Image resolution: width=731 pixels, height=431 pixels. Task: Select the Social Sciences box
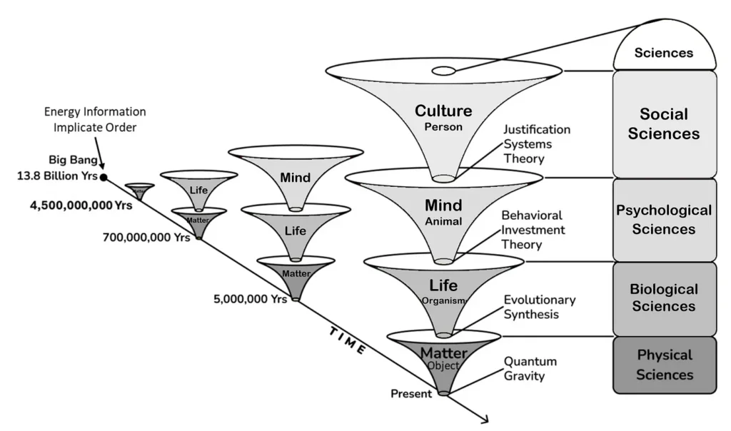pyautogui.click(x=664, y=123)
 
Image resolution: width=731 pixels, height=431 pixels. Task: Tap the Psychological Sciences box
pyautogui.click(x=664, y=220)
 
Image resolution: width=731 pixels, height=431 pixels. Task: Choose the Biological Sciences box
pyautogui.click(x=664, y=298)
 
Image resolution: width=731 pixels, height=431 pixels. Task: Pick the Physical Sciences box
pyautogui.click(x=664, y=365)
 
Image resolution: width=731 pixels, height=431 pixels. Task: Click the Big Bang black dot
pyautogui.click(x=104, y=177)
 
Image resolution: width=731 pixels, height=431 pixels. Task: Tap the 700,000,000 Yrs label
pyautogui.click(x=146, y=237)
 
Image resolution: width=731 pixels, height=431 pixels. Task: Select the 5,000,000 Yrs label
pyautogui.click(x=249, y=299)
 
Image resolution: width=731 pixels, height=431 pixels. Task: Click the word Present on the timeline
pyautogui.click(x=410, y=394)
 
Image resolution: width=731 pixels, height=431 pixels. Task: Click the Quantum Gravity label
pyautogui.click(x=530, y=368)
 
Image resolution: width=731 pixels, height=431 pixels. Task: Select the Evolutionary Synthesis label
pyautogui.click(x=539, y=307)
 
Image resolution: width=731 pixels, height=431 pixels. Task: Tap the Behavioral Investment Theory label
pyautogui.click(x=533, y=230)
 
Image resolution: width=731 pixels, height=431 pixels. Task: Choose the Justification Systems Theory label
pyautogui.click(x=536, y=144)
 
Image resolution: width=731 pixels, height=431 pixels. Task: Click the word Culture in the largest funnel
pyautogui.click(x=443, y=111)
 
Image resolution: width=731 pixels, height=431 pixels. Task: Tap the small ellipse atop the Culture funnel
pyautogui.click(x=443, y=71)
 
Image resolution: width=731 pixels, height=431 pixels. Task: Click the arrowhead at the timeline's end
pyautogui.click(x=485, y=419)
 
